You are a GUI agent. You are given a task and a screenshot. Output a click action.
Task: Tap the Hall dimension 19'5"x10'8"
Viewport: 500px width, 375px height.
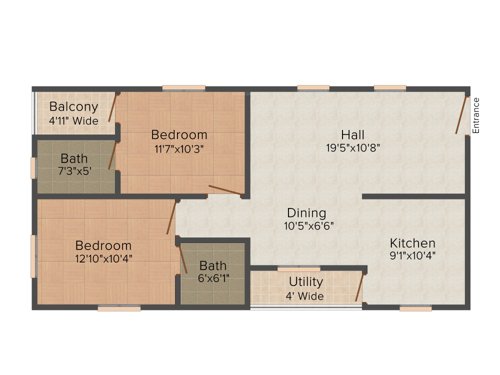tap(352, 147)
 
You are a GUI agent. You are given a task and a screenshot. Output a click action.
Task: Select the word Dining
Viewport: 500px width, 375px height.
tap(306, 212)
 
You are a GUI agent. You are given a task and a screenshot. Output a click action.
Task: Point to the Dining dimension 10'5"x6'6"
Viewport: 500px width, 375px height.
tap(306, 227)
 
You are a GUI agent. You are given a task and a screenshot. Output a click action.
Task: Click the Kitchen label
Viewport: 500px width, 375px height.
tap(412, 242)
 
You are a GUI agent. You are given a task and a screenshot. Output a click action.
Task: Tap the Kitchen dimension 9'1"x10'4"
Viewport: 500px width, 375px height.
tap(412, 256)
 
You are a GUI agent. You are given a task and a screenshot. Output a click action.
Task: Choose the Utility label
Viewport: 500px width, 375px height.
tap(306, 282)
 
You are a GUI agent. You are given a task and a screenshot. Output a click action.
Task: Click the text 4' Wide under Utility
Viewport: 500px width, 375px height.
tap(306, 296)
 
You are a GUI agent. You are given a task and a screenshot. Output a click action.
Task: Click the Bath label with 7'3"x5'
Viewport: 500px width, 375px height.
tap(74, 158)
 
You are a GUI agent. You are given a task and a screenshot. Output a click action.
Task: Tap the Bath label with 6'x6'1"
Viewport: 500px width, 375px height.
tap(212, 266)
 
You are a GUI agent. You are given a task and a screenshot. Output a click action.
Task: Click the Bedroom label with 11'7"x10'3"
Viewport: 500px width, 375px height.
tap(180, 135)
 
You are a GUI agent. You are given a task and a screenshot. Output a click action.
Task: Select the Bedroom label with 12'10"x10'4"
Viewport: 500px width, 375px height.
tap(103, 245)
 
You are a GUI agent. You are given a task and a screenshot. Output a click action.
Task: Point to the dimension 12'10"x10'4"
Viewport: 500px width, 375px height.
tap(103, 259)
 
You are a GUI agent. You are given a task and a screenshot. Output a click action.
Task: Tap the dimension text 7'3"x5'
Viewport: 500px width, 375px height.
tap(74, 172)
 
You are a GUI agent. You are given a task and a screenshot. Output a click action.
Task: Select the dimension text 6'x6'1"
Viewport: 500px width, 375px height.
tap(212, 280)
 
